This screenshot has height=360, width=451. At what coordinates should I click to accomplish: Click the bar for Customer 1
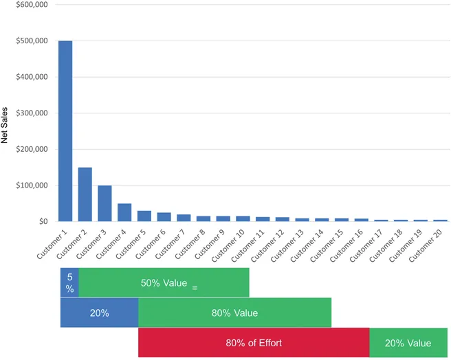coord(65,131)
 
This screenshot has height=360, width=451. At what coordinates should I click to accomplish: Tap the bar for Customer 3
coord(104,203)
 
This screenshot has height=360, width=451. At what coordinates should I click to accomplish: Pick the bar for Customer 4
coord(124,212)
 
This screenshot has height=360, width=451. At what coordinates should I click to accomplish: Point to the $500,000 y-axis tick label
coord(31,41)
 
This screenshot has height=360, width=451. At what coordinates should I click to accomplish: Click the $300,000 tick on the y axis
coord(31,113)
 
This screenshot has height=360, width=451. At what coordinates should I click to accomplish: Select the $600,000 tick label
coord(31,5)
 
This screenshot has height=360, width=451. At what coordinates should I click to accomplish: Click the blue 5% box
coord(69,282)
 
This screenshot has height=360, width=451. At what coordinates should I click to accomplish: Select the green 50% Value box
coord(164,282)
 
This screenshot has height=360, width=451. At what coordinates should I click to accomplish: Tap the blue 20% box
coord(99,313)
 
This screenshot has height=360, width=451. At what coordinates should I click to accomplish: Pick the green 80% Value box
coord(234,313)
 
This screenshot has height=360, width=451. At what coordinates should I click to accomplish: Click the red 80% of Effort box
coord(254,343)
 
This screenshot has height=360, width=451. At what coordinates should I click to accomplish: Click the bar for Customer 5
coord(144,216)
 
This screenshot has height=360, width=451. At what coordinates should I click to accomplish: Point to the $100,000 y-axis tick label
coord(31,185)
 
